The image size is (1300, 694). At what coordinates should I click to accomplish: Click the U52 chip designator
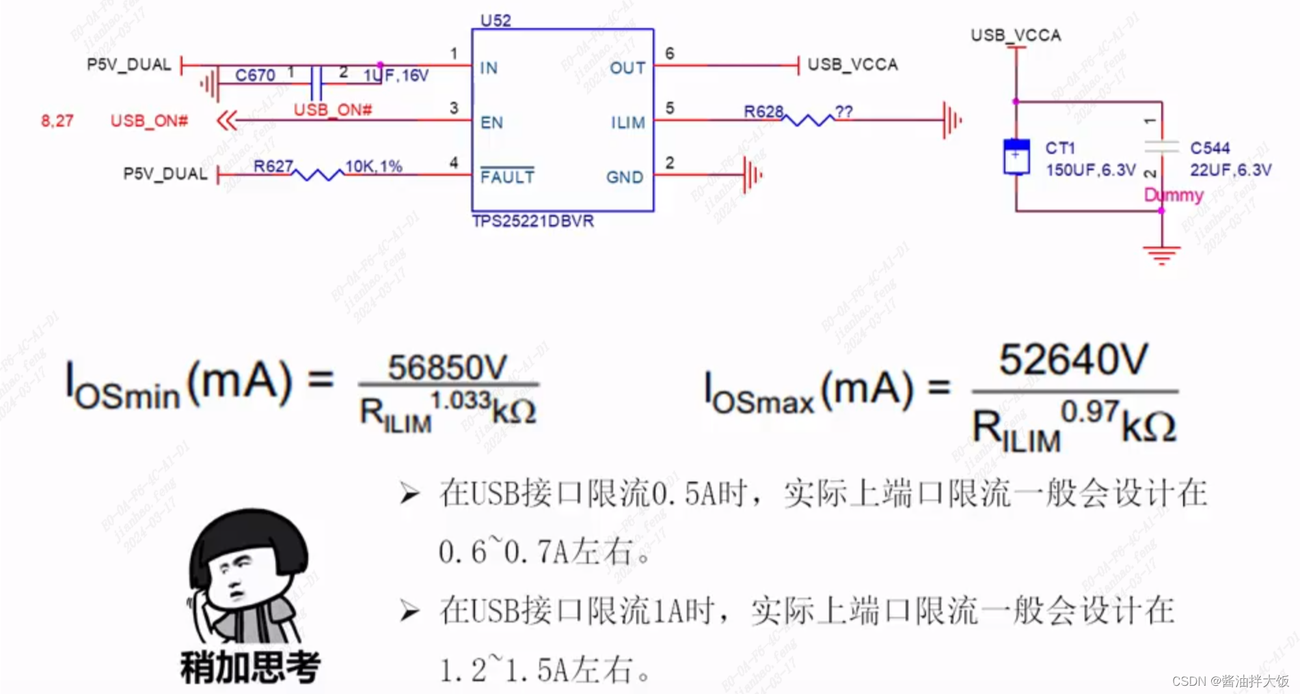tap(496, 20)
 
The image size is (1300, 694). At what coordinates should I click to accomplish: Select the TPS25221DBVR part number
tap(532, 221)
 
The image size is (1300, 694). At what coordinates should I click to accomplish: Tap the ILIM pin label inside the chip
tap(627, 123)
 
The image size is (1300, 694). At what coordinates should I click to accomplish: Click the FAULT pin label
tap(507, 177)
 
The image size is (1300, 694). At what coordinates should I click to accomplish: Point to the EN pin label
tap(491, 123)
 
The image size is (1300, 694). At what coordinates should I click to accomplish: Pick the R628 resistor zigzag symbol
tap(809, 120)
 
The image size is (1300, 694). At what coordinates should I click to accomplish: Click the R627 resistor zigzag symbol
tap(319, 174)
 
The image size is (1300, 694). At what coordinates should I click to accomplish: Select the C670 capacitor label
tap(255, 75)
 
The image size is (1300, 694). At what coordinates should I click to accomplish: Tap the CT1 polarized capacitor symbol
tap(1016, 156)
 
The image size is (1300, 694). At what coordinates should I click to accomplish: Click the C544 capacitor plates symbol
tap(1161, 146)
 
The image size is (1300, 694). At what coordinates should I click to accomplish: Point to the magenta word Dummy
tap(1174, 195)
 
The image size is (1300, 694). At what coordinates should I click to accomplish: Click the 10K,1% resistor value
tap(373, 166)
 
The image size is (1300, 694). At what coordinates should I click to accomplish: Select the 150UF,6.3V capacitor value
tap(1090, 170)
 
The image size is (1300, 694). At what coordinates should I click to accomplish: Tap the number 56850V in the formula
tap(448, 367)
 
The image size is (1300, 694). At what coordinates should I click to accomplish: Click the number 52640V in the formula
tap(1073, 359)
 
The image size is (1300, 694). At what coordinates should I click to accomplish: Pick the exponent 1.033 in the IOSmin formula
tap(460, 400)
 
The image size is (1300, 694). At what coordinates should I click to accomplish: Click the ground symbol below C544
tap(1161, 254)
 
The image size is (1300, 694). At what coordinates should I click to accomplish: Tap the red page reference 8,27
tap(57, 122)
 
